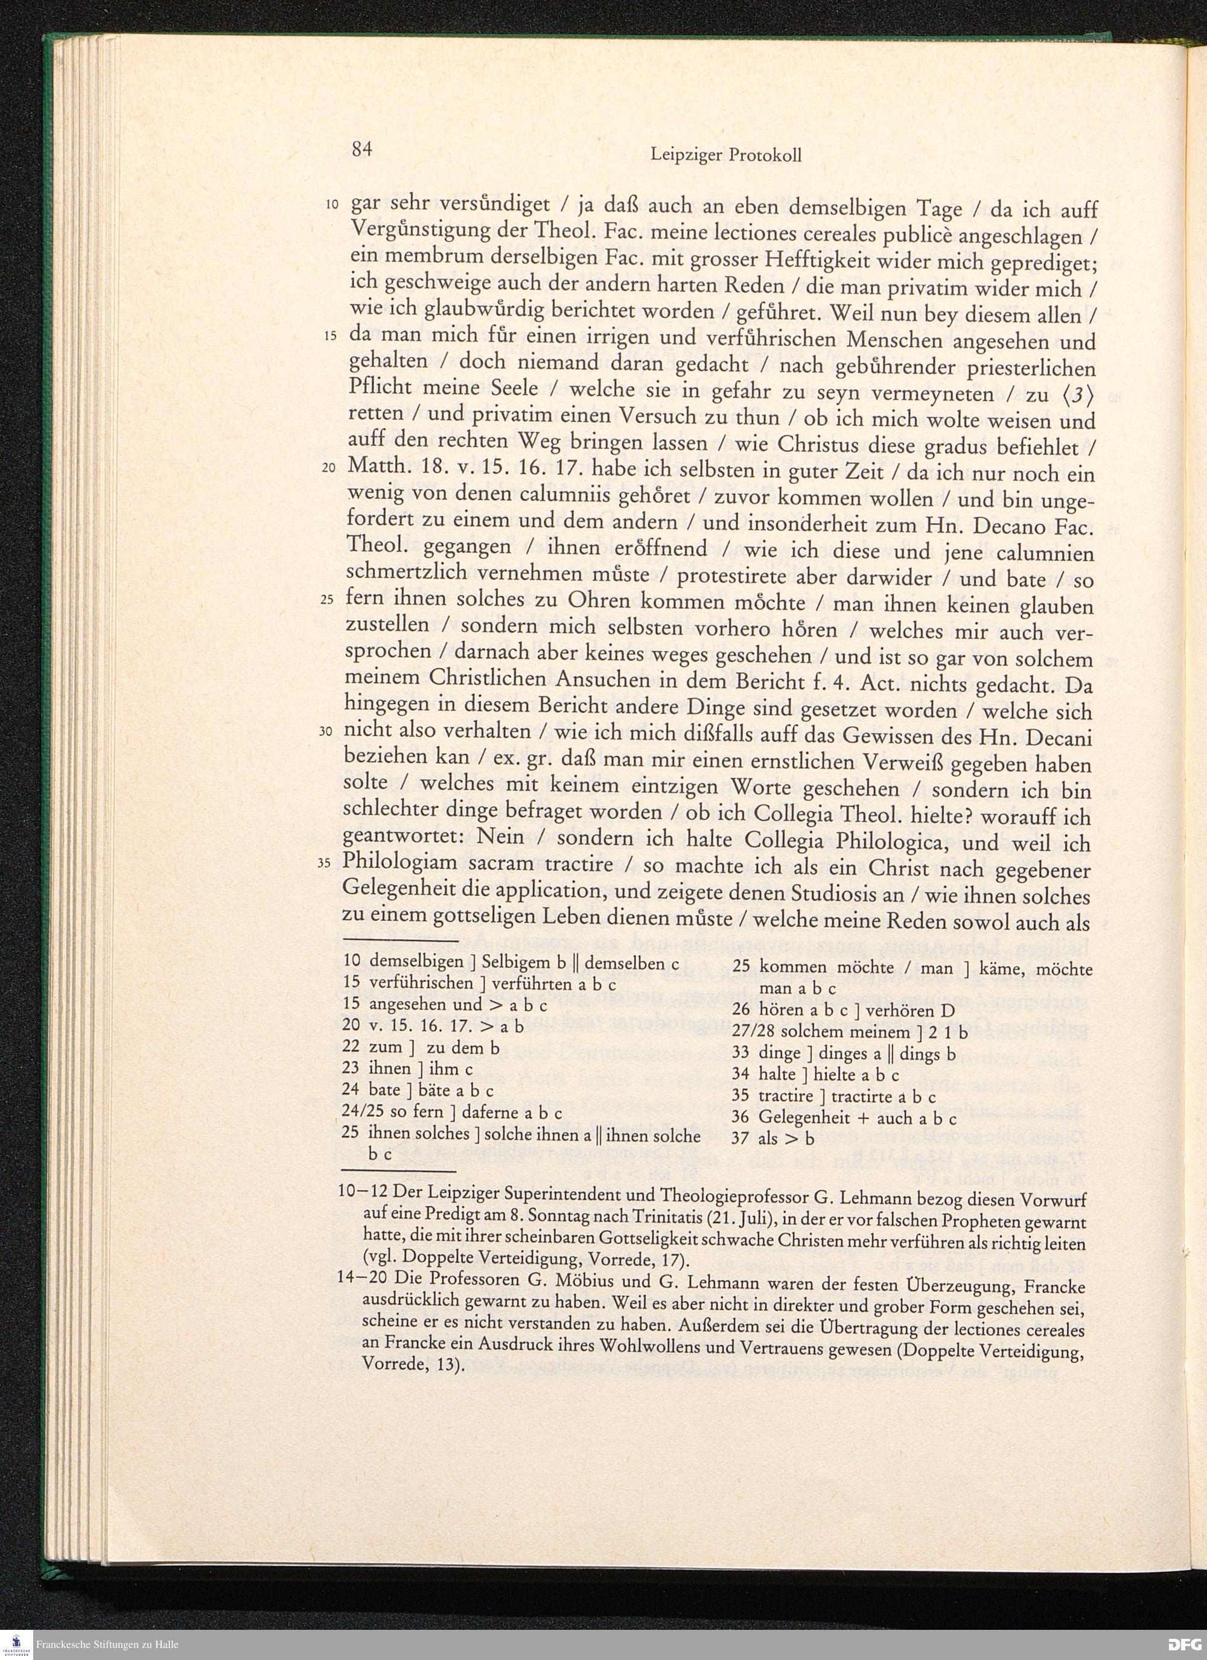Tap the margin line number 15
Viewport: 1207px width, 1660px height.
point(330,336)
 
